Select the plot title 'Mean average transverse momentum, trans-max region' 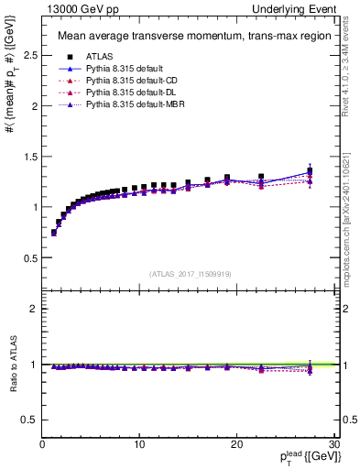click(188, 38)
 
